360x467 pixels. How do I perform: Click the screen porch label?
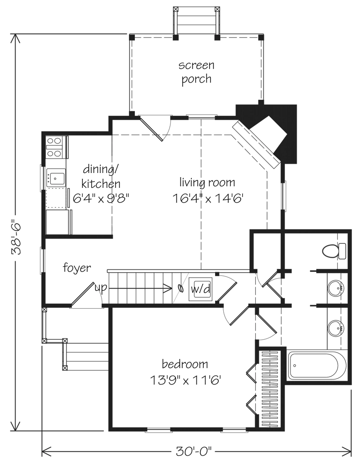[196, 72]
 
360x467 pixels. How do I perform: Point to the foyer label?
[77, 268]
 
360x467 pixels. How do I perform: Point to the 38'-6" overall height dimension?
[17, 233]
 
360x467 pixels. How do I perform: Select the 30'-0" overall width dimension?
[194, 452]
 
